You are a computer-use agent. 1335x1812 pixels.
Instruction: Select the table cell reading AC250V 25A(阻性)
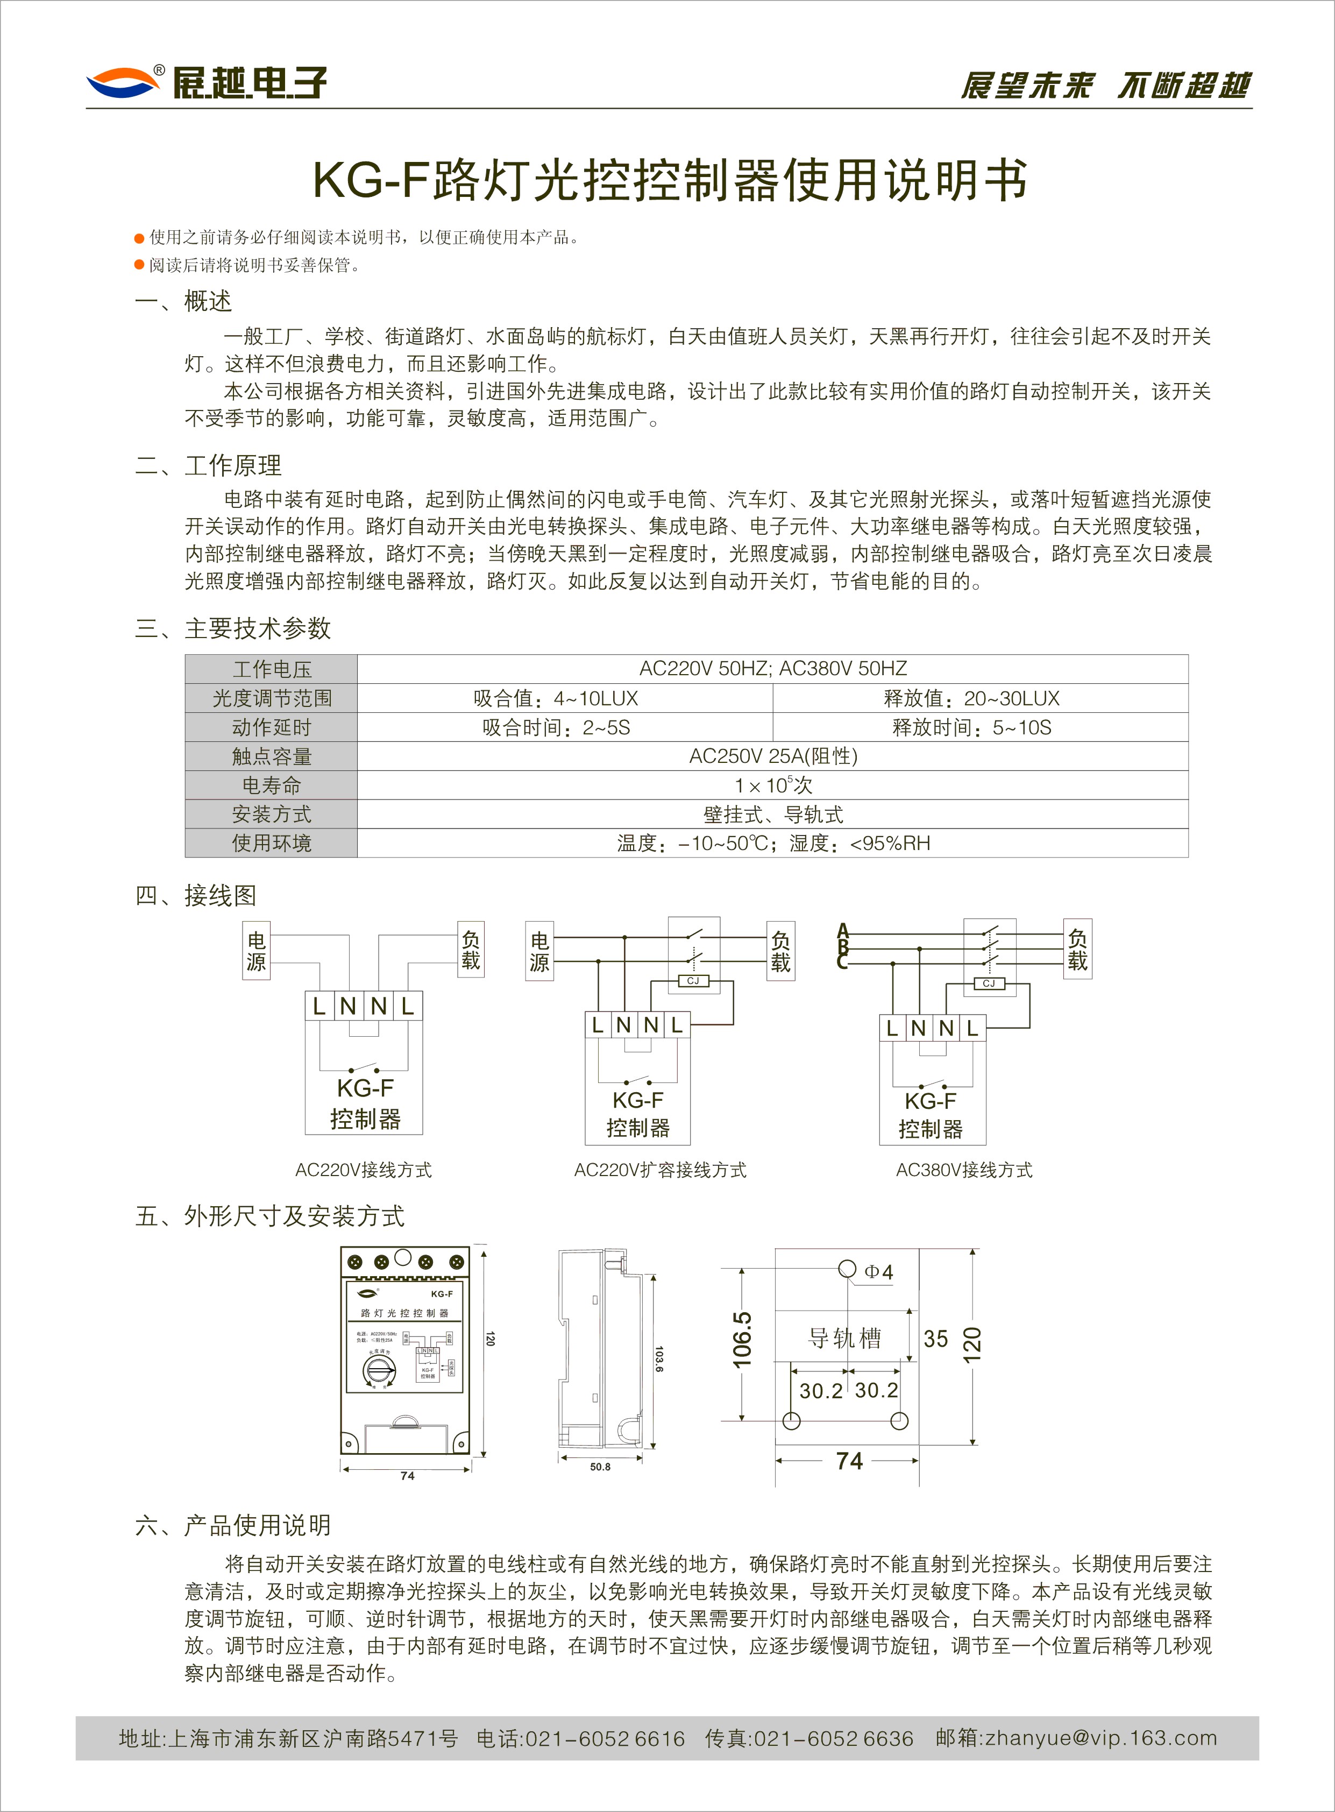coord(772,756)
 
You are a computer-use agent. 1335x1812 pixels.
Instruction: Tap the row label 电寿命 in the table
coord(272,785)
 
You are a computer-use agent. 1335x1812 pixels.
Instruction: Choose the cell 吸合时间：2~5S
coord(556,727)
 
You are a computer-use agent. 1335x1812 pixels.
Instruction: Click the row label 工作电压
coord(272,669)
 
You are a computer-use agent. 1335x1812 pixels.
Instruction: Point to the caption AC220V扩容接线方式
coord(659,1170)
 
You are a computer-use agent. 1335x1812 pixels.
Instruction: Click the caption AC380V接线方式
coord(963,1170)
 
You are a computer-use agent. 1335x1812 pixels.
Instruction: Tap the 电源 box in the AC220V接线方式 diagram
coord(256,951)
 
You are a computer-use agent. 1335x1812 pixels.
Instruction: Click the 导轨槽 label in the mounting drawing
coord(844,1339)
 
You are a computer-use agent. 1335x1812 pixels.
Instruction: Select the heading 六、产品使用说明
coord(233,1525)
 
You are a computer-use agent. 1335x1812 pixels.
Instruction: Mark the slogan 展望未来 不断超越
coord(1105,85)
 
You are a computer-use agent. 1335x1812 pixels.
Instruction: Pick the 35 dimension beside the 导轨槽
coord(936,1339)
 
